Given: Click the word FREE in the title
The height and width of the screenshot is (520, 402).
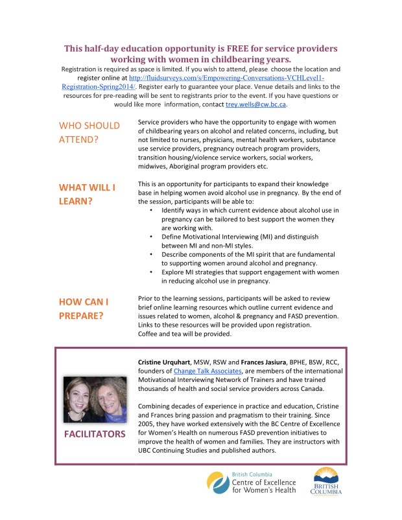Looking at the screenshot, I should (x=226, y=49).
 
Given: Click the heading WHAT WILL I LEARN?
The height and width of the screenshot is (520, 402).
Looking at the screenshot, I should (x=87, y=194).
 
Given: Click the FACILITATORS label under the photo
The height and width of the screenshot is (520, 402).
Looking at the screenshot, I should (x=95, y=434).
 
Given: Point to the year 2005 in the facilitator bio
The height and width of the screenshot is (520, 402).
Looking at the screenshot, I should (x=148, y=423).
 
